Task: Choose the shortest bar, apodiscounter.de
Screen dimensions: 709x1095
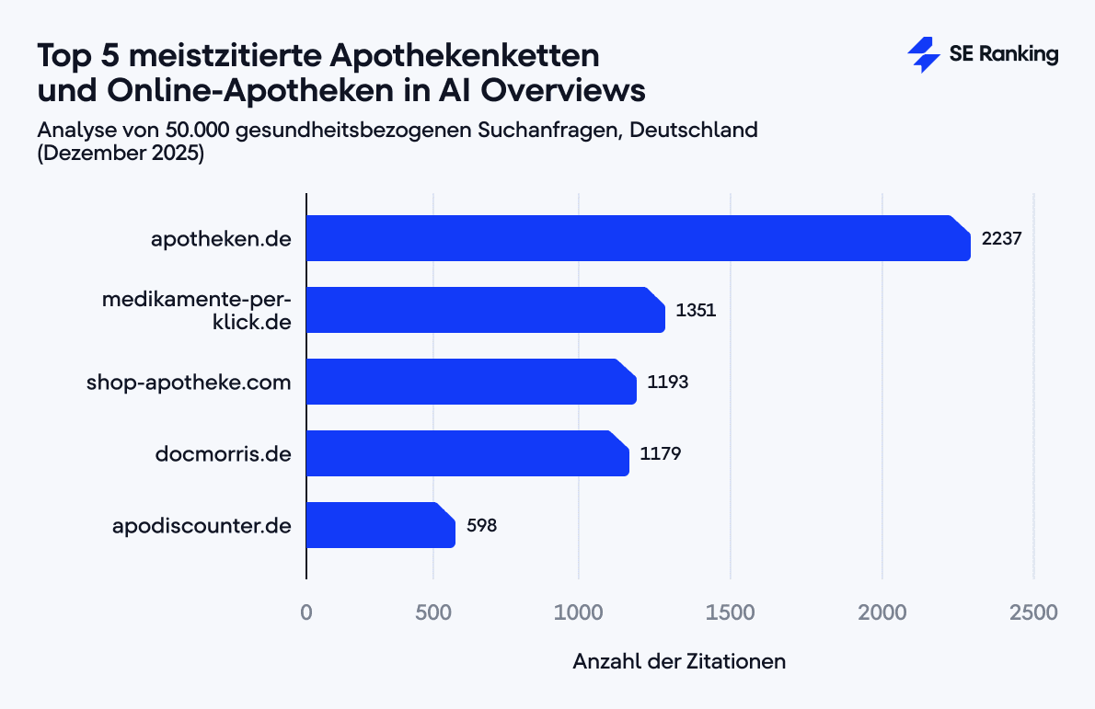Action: coord(380,525)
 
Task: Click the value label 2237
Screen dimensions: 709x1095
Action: coord(1002,238)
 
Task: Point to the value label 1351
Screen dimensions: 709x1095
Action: coord(696,310)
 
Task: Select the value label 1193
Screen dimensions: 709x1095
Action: coord(667,382)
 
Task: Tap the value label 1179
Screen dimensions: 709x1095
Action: coord(660,453)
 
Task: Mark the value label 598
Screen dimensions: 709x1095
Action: coord(481,525)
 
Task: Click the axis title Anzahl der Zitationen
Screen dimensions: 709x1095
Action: coord(679,661)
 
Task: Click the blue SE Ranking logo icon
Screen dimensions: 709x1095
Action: coord(923,55)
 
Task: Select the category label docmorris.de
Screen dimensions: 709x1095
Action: coord(224,454)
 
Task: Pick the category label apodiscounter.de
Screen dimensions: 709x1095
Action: coord(202,526)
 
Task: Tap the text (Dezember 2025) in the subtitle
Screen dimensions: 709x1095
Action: coord(121,154)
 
